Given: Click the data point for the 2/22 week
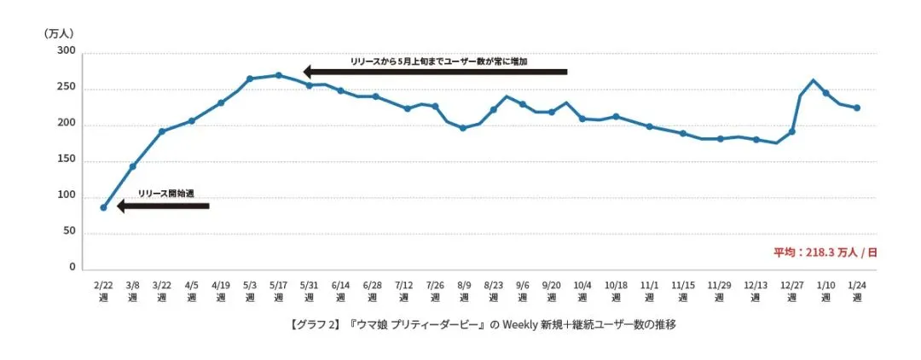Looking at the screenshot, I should point(103,207).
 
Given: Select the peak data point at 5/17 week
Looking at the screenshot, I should point(278,75).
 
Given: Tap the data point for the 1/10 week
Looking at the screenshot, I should point(825,93).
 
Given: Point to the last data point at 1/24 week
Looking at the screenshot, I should point(857,108).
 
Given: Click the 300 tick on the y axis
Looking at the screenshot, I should point(67,53).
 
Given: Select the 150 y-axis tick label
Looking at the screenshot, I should point(67,161).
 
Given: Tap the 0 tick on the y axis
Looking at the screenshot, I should point(72,269).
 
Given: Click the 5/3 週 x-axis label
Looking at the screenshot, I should point(250,292).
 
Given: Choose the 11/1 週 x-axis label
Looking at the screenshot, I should point(650,292).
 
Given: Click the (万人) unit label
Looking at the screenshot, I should point(59,32).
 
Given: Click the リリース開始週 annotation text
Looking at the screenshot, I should point(165,195).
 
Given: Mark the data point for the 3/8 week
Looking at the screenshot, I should point(132,166).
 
